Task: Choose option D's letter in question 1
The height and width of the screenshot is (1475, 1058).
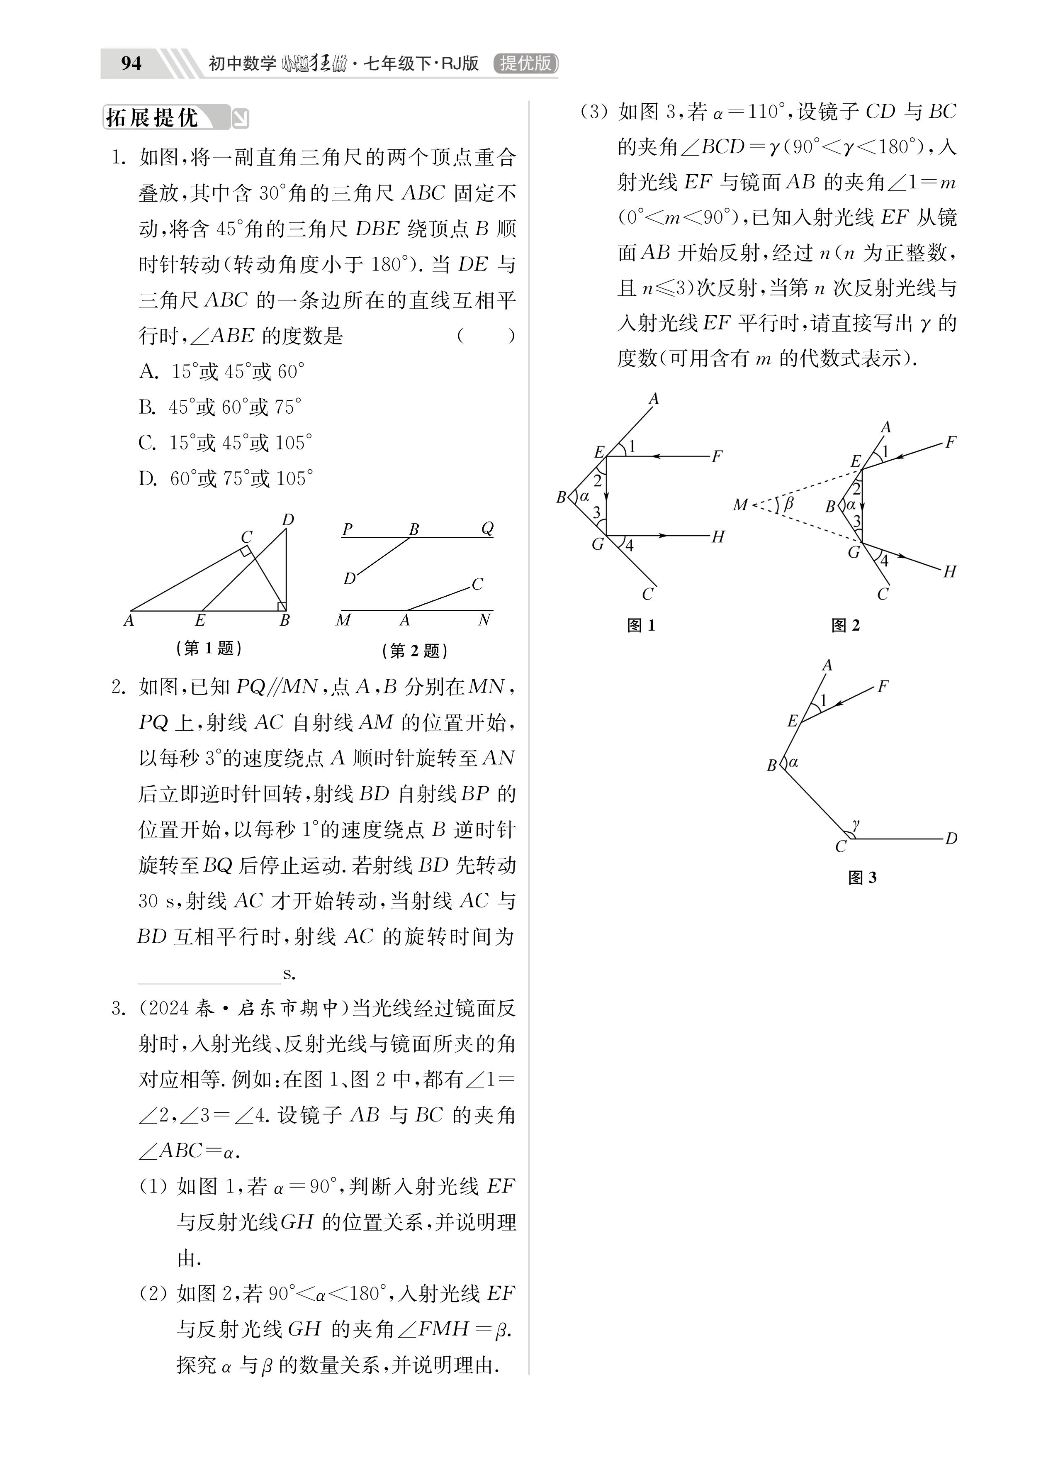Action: click(147, 479)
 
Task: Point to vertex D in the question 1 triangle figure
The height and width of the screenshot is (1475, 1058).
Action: click(288, 519)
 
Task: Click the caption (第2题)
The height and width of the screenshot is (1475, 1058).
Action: click(415, 650)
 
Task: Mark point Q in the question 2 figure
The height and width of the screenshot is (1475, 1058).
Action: click(487, 528)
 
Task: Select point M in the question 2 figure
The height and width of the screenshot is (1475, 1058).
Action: click(343, 620)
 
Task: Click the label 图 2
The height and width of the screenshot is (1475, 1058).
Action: click(845, 626)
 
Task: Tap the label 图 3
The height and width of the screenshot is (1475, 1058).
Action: click(862, 878)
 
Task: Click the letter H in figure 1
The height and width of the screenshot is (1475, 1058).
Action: click(718, 536)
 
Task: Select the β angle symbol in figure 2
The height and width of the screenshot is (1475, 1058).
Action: click(789, 503)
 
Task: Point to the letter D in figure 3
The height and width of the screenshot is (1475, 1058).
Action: click(951, 839)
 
